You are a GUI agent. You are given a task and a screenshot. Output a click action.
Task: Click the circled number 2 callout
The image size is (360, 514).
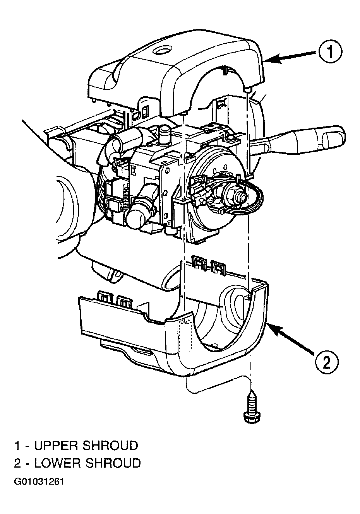point(326,363)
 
